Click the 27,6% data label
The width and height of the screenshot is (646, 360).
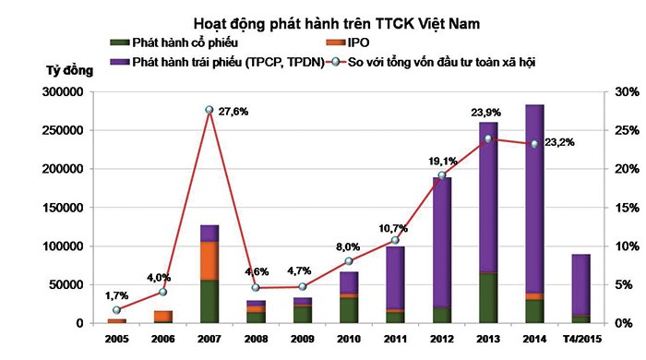tap(232, 112)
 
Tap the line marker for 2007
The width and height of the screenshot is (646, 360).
tap(209, 110)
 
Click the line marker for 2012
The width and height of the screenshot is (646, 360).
tap(441, 175)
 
